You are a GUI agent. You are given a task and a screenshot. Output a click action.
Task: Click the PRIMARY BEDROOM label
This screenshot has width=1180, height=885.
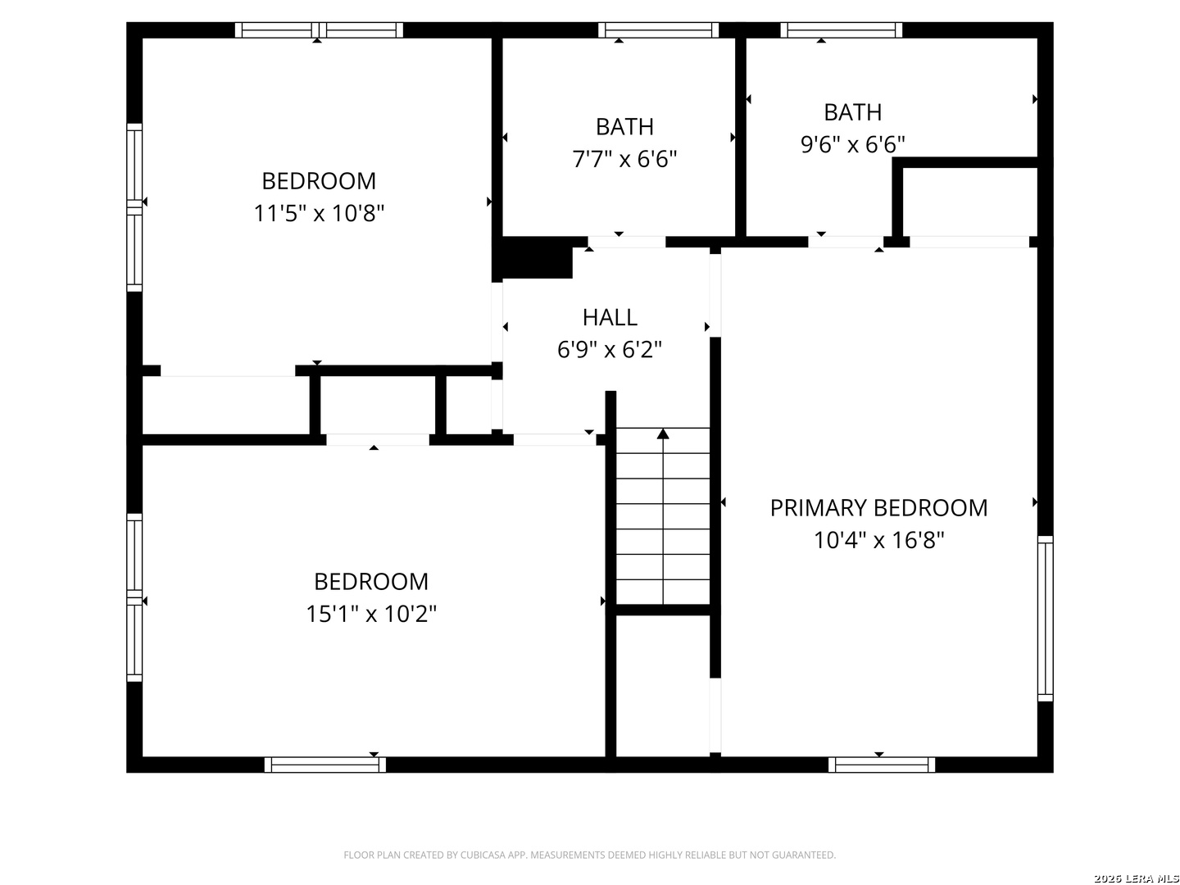click(878, 508)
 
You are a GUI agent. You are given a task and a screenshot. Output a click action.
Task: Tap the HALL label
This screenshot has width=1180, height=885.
click(610, 318)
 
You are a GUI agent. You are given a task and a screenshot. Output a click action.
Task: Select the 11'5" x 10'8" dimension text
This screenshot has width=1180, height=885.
click(319, 213)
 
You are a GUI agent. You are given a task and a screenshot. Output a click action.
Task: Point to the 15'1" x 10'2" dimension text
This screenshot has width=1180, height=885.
click(371, 614)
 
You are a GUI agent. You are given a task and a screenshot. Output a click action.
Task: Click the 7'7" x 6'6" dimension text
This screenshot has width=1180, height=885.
click(624, 159)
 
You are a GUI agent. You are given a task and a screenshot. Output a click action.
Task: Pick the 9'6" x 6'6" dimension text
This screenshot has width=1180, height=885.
click(852, 144)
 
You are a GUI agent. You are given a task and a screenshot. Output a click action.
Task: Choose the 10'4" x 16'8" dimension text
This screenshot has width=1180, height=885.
click(878, 540)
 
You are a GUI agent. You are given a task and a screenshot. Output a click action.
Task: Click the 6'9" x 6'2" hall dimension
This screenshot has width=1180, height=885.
click(609, 350)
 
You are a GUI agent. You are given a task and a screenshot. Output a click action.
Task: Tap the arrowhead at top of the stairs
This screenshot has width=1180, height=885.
click(663, 433)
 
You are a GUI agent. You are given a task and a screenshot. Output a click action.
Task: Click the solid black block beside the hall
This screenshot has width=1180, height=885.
click(533, 257)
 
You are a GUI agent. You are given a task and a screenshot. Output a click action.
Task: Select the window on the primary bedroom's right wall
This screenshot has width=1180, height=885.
click(1045, 618)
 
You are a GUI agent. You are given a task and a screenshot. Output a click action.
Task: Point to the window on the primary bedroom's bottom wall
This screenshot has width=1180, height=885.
click(881, 764)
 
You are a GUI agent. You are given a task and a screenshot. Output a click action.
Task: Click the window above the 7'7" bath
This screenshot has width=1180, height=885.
click(658, 30)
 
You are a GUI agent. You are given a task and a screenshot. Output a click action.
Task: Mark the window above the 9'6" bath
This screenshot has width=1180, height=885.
click(842, 30)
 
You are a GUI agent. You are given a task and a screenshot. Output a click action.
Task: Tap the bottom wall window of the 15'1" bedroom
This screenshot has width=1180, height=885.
click(325, 764)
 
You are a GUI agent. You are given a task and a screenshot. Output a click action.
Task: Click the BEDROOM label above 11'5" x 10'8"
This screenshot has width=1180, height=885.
click(319, 181)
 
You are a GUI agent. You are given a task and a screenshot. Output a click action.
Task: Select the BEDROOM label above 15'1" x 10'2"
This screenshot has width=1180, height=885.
click(371, 582)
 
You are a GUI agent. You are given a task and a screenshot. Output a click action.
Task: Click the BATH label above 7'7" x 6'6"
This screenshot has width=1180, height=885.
click(624, 127)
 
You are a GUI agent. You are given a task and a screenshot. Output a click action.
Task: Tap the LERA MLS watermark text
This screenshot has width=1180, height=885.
click(1148, 878)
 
